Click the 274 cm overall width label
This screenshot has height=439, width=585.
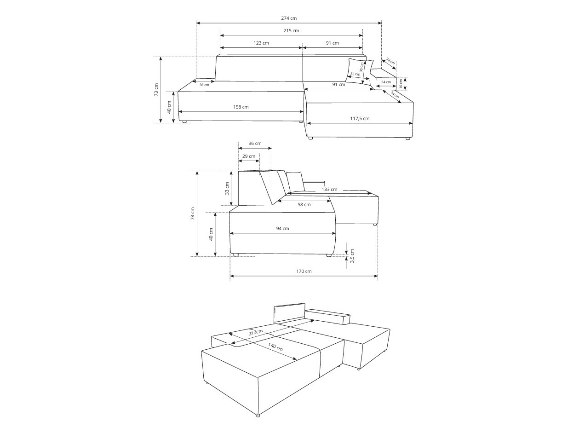point(289,18)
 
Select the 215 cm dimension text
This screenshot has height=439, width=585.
point(291,31)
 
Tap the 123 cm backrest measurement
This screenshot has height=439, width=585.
point(261,43)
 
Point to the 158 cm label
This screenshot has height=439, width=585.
point(241,107)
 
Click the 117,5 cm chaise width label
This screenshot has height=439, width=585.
point(360,118)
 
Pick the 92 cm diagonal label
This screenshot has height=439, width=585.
point(390,61)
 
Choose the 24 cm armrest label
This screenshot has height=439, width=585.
point(386,82)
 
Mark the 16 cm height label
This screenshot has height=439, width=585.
point(401,84)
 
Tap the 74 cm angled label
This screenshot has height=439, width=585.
point(395,94)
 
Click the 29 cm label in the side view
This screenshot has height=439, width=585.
point(249,156)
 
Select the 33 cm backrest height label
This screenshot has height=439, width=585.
point(227,189)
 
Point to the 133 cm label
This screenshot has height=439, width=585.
point(329,189)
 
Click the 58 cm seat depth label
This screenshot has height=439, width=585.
point(304,204)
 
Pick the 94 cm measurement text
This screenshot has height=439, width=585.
point(282,228)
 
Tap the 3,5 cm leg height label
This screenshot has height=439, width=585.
point(352,256)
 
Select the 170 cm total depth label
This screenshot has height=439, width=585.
point(304,271)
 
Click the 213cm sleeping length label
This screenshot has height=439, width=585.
point(256,333)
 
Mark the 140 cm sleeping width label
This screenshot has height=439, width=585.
point(275,347)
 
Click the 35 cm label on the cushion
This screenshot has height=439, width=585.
point(355,74)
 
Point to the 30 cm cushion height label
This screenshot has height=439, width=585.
point(361,67)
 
